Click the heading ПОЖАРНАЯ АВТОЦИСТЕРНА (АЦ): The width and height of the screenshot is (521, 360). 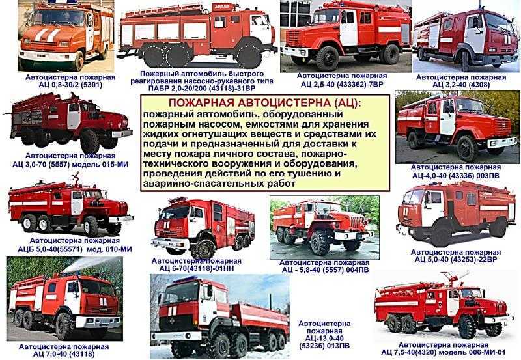tap(264, 102)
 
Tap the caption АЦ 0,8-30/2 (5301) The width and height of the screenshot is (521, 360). tap(70, 85)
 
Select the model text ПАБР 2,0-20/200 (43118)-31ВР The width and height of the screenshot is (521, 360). tap(202, 89)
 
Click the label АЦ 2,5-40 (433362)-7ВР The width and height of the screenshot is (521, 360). tap(342, 85)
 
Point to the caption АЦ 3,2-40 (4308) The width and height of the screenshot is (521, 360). tap(461, 85)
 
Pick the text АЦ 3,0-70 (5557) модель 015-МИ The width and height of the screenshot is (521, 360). tap(70, 165)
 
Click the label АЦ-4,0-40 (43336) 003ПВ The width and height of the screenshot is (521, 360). tap(455, 176)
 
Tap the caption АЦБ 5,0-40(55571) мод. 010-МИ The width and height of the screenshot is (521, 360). tap(75, 249)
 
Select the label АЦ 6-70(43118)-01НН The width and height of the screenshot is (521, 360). tap(197, 269)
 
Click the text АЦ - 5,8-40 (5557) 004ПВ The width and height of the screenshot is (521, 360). tap(325, 270)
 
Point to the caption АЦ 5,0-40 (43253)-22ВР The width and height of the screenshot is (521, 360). tap(455, 260)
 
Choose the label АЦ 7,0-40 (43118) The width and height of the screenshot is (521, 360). tap(64, 354)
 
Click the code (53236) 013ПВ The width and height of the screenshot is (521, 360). tap(324, 346)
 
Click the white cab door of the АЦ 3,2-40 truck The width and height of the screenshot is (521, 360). tap(475, 34)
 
